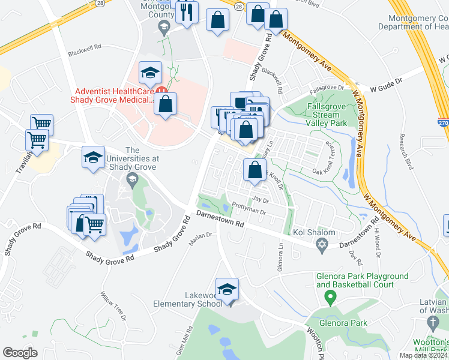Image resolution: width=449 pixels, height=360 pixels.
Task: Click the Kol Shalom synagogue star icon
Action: click(322, 245)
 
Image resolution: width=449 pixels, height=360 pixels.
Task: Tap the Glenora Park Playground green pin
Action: click(330, 296)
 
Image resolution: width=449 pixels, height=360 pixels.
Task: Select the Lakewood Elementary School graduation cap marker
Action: click(227, 289)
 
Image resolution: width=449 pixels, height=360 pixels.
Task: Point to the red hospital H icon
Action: click(161, 91)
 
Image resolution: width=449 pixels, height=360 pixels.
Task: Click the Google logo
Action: click(20, 352)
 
